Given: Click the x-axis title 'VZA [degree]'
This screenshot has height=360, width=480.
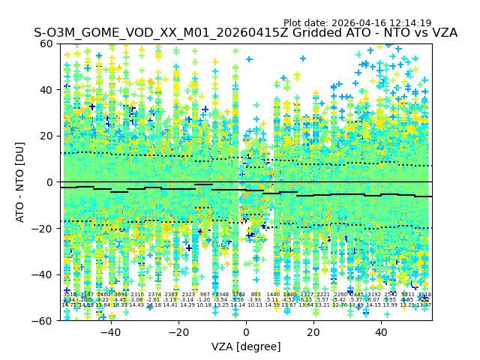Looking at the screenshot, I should point(246,346).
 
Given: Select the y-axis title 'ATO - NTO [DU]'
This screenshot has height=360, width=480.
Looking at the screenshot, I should point(21,182).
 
